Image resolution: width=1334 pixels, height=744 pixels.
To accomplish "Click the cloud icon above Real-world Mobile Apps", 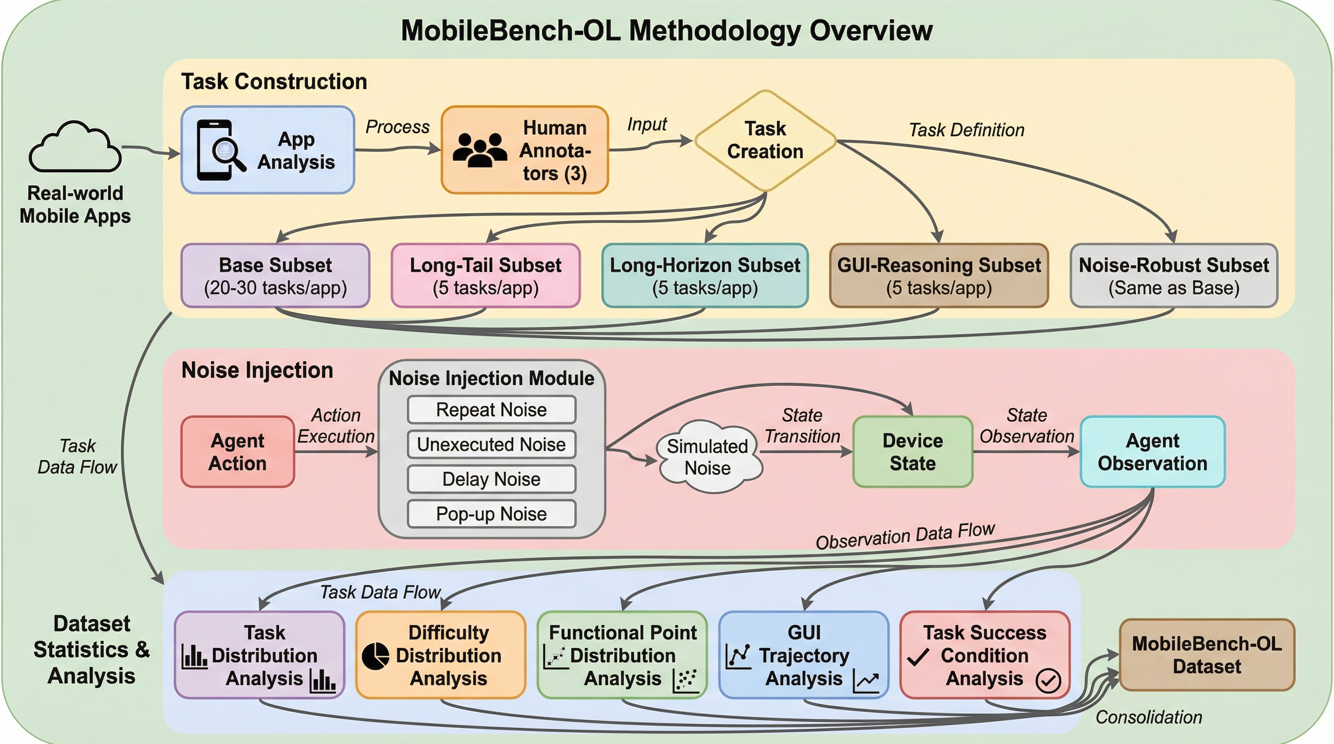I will (x=75, y=147).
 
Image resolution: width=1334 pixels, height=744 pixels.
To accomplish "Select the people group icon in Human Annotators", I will (x=479, y=150).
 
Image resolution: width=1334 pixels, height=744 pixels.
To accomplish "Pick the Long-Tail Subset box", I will (x=485, y=276).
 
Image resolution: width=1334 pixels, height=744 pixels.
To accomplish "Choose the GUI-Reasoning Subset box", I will (x=938, y=276).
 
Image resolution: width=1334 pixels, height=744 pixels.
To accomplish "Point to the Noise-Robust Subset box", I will (x=1174, y=276).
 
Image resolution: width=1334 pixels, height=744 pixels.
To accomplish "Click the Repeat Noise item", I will (x=491, y=410).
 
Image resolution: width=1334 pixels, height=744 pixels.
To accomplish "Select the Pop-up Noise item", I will (x=491, y=514).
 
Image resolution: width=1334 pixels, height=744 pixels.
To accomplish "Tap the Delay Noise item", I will (x=491, y=479).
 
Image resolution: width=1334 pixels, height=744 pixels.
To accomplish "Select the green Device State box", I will (x=912, y=451).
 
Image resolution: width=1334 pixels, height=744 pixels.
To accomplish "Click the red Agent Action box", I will (x=238, y=451).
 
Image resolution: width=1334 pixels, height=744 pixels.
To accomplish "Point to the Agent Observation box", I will (x=1152, y=451).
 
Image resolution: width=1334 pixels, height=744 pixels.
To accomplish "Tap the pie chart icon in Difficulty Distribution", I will (x=375, y=656).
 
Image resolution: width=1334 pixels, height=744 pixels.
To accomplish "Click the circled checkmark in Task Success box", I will (x=1048, y=681).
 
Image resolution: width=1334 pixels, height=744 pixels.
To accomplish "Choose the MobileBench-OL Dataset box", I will (x=1207, y=655).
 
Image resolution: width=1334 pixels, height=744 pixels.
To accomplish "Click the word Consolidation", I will (x=1149, y=717).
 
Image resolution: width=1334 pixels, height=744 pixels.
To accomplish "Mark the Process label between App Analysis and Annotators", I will (x=397, y=127).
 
